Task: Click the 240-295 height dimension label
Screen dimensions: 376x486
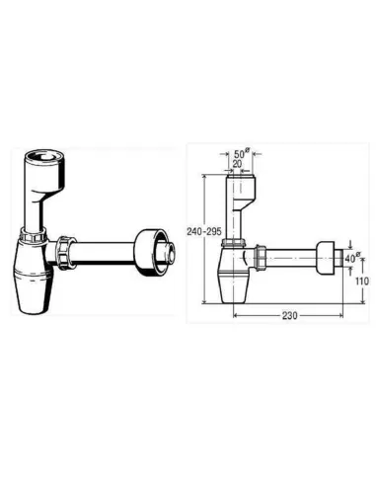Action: coord(204,231)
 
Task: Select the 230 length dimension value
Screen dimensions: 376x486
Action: coord(289,316)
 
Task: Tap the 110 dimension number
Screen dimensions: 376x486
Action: coord(362,281)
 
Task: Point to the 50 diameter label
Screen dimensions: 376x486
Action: coord(242,153)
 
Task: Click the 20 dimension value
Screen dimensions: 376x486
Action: coord(237,164)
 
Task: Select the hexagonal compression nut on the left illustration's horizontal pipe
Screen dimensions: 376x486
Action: coord(65,252)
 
